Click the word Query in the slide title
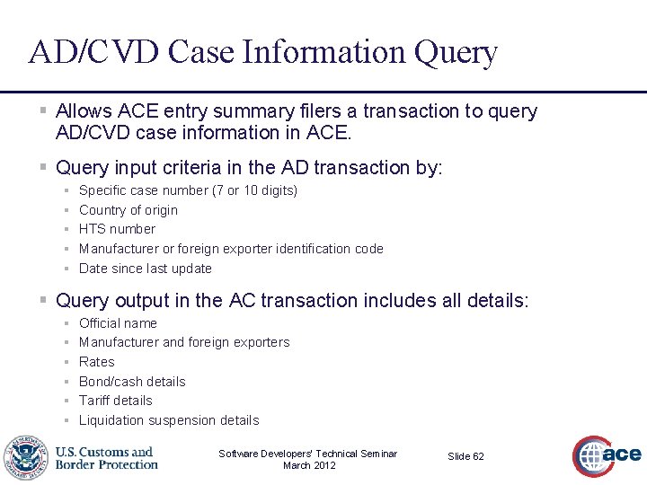pyautogui.click(x=456, y=53)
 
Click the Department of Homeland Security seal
pyautogui.click(x=26, y=458)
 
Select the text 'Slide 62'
pyautogui.click(x=465, y=456)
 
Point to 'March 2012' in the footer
pyautogui.click(x=308, y=465)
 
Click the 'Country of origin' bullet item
pyautogui.click(x=129, y=210)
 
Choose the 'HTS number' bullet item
pyautogui.click(x=117, y=229)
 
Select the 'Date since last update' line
pyautogui.click(x=146, y=269)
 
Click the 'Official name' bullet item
pyautogui.click(x=118, y=323)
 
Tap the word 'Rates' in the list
pyautogui.click(x=97, y=362)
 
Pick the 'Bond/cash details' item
pyautogui.click(x=132, y=382)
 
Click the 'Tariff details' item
pyautogui.click(x=116, y=401)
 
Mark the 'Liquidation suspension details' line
pyautogui.click(x=169, y=420)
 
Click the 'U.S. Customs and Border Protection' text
pyautogui.click(x=106, y=458)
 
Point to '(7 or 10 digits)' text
pyautogui.click(x=254, y=190)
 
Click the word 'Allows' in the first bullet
pyautogui.click(x=84, y=111)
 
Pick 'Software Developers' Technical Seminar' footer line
pyautogui.click(x=308, y=454)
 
